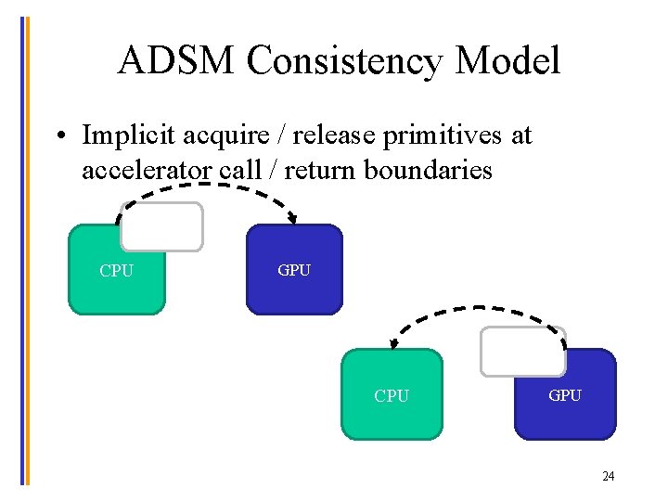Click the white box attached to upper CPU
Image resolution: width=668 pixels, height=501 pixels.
tap(162, 227)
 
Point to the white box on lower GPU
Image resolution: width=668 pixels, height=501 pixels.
tap(522, 351)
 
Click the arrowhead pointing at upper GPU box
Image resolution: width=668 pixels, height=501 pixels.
tap(293, 220)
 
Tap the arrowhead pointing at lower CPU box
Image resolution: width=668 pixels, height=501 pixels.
tap(393, 345)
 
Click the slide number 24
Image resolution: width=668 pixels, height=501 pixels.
tap(608, 477)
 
